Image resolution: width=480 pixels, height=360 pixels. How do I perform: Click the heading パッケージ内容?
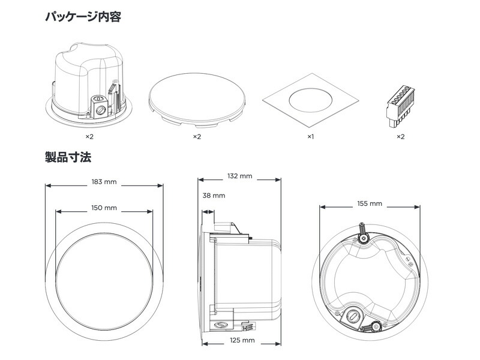[83, 16]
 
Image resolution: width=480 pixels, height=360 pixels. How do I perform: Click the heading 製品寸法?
[68, 158]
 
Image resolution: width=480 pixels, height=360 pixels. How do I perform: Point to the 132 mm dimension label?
[241, 176]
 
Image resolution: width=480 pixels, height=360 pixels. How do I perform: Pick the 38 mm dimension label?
[214, 196]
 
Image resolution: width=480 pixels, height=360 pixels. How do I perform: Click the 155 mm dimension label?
[369, 203]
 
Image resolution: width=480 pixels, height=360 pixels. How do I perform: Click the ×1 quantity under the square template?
[310, 137]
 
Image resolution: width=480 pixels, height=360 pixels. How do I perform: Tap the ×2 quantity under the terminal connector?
[400, 137]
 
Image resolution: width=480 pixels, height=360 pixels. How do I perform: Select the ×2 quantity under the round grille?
[197, 137]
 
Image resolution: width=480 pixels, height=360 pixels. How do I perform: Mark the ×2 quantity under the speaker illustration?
[90, 137]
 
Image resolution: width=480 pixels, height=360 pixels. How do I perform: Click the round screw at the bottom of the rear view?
[355, 314]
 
